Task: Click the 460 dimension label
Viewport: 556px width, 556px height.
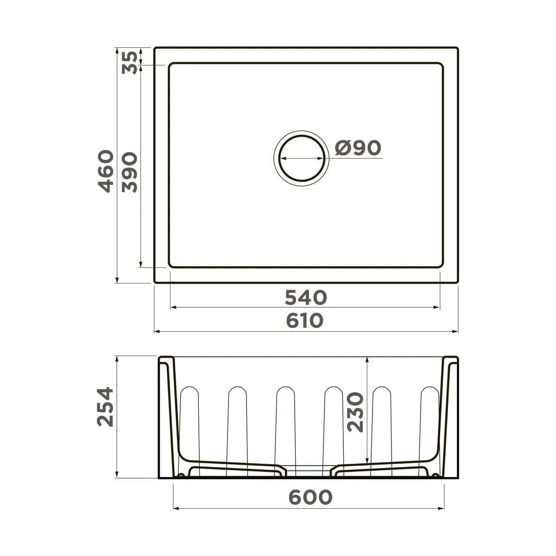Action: tap(106, 171)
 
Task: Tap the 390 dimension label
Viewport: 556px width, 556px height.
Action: tap(130, 172)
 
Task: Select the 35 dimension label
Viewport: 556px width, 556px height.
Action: tap(130, 63)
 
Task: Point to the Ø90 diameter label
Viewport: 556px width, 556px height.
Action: tap(358, 147)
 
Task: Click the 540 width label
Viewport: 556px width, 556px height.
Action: tap(305, 297)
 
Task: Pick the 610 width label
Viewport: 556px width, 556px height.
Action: tap(305, 321)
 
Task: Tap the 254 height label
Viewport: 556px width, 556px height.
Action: tap(105, 407)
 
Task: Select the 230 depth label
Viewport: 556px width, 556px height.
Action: tap(355, 412)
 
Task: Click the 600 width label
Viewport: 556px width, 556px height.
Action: tap(310, 497)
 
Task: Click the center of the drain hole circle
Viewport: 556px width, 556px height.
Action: tap(302, 158)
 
